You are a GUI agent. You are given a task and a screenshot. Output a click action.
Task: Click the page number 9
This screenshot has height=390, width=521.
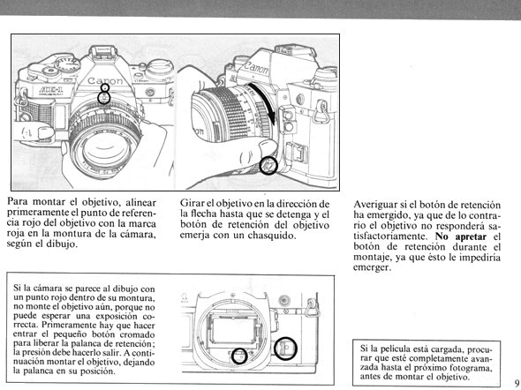[517, 382]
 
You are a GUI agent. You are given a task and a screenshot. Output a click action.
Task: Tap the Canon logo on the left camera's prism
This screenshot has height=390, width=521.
[105, 80]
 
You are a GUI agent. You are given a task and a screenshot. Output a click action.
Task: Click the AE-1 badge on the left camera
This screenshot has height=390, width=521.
[50, 89]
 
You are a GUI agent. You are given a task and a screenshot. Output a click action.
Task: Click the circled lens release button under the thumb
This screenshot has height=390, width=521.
[268, 166]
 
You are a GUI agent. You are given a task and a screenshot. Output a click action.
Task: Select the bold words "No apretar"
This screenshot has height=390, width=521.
[461, 236]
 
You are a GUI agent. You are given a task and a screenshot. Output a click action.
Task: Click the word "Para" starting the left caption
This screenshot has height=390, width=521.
[19, 201]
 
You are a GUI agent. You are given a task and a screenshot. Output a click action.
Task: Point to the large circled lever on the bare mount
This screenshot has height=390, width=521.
[285, 349]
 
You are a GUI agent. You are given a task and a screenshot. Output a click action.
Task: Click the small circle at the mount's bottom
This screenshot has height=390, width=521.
[239, 356]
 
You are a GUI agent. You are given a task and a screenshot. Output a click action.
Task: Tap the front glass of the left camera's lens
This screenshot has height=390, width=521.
[102, 149]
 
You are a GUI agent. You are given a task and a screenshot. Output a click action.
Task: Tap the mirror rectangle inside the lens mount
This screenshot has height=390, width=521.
[232, 330]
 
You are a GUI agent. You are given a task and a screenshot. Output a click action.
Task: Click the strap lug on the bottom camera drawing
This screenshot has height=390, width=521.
[312, 308]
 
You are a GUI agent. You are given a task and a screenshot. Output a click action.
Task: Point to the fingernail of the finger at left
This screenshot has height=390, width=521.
[46, 132]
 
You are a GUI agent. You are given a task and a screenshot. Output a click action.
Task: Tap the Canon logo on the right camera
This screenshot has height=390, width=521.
[256, 67]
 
